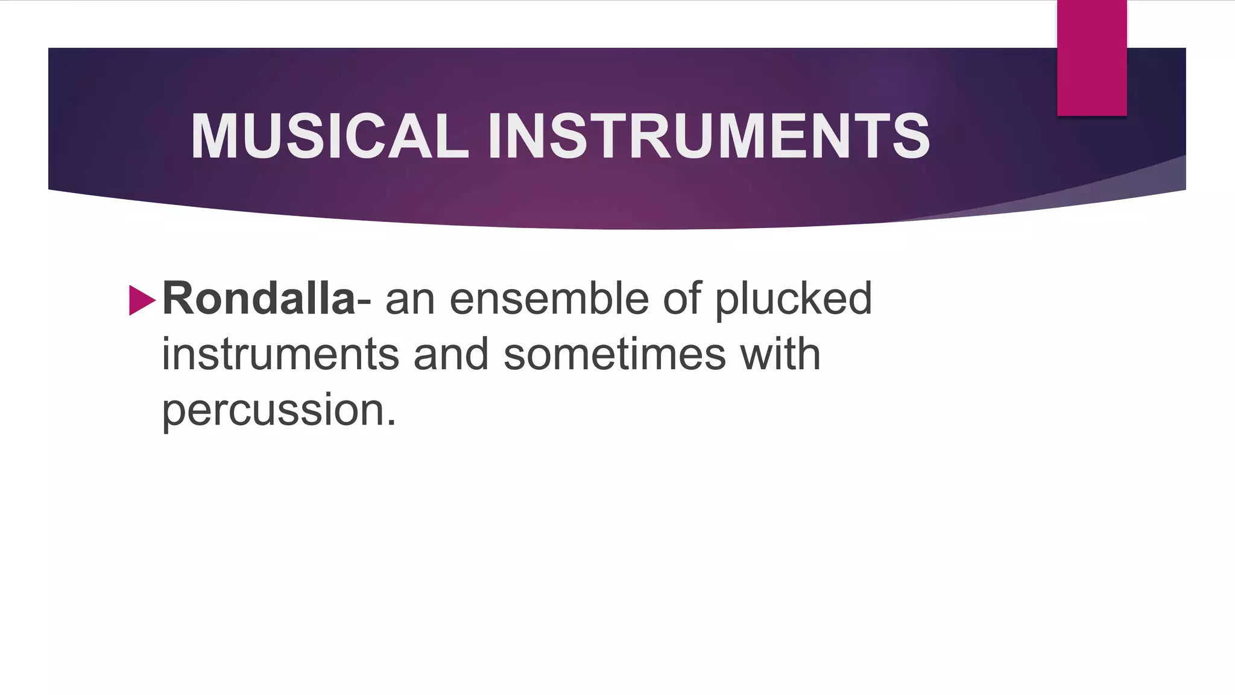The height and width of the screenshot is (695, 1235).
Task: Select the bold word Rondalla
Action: (259, 298)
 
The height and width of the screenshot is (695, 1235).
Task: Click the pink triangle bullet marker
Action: (142, 300)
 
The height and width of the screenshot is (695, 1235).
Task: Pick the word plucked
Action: (793, 300)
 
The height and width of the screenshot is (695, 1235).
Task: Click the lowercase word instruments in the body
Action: (280, 354)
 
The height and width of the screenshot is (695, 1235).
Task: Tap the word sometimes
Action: (614, 354)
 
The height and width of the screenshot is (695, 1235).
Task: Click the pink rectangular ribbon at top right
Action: (1091, 58)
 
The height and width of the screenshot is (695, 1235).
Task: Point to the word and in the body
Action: (451, 354)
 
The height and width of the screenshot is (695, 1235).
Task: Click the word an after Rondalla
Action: (410, 300)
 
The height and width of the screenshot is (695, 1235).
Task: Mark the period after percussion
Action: (391, 422)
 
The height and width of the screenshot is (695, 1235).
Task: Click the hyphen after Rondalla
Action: (364, 300)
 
